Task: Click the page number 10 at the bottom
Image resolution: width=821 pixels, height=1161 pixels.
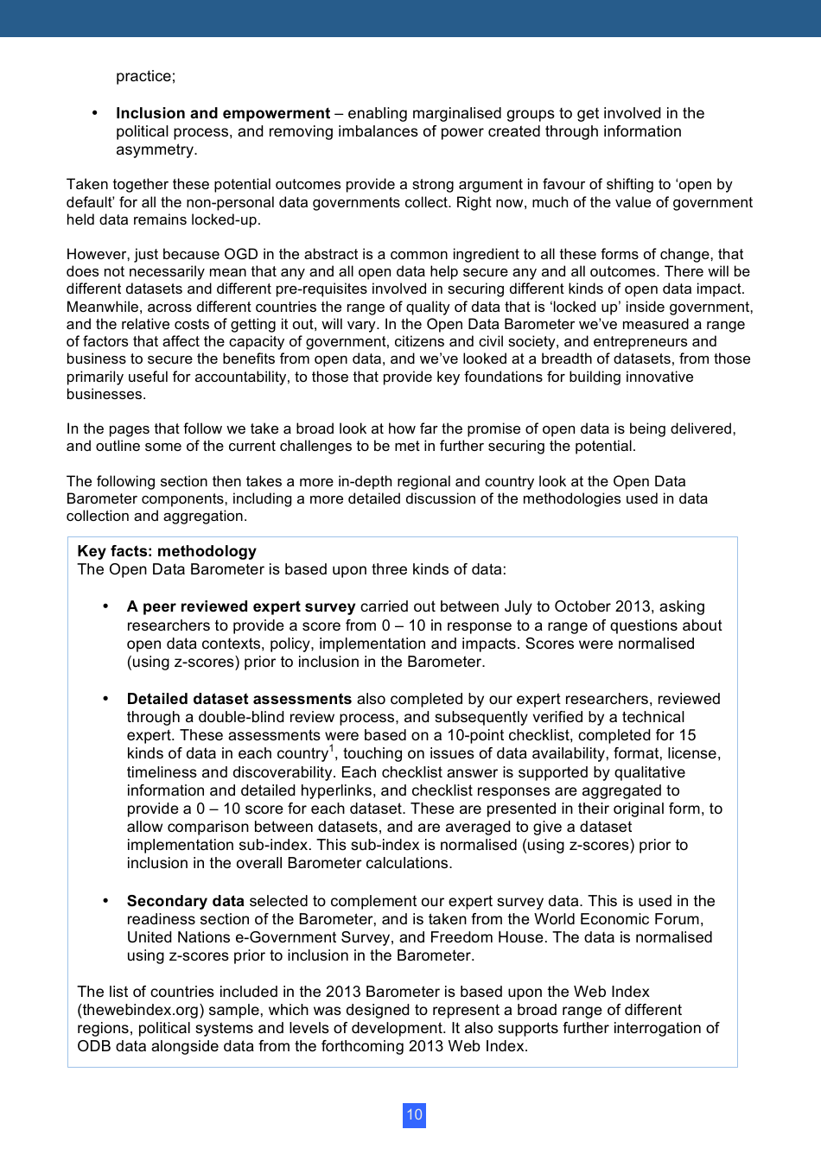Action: click(414, 1114)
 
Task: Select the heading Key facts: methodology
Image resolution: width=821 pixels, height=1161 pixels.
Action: click(167, 551)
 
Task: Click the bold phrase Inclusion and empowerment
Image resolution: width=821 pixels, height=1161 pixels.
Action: click(223, 113)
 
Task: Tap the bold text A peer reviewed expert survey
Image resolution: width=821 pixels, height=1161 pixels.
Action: click(241, 606)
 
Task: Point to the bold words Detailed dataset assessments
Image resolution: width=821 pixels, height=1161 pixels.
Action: click(239, 699)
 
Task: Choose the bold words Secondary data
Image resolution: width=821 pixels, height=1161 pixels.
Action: click(185, 901)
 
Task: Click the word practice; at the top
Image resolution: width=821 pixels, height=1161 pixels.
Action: click(145, 76)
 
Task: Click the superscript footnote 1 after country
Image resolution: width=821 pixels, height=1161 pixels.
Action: click(331, 749)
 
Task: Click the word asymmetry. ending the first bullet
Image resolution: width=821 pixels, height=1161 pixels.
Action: click(156, 149)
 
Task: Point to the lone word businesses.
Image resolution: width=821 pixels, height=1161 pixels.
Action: click(105, 394)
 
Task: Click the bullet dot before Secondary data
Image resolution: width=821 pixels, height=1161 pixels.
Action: click(105, 900)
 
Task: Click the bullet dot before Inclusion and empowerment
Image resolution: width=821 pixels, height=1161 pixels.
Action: click(95, 113)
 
